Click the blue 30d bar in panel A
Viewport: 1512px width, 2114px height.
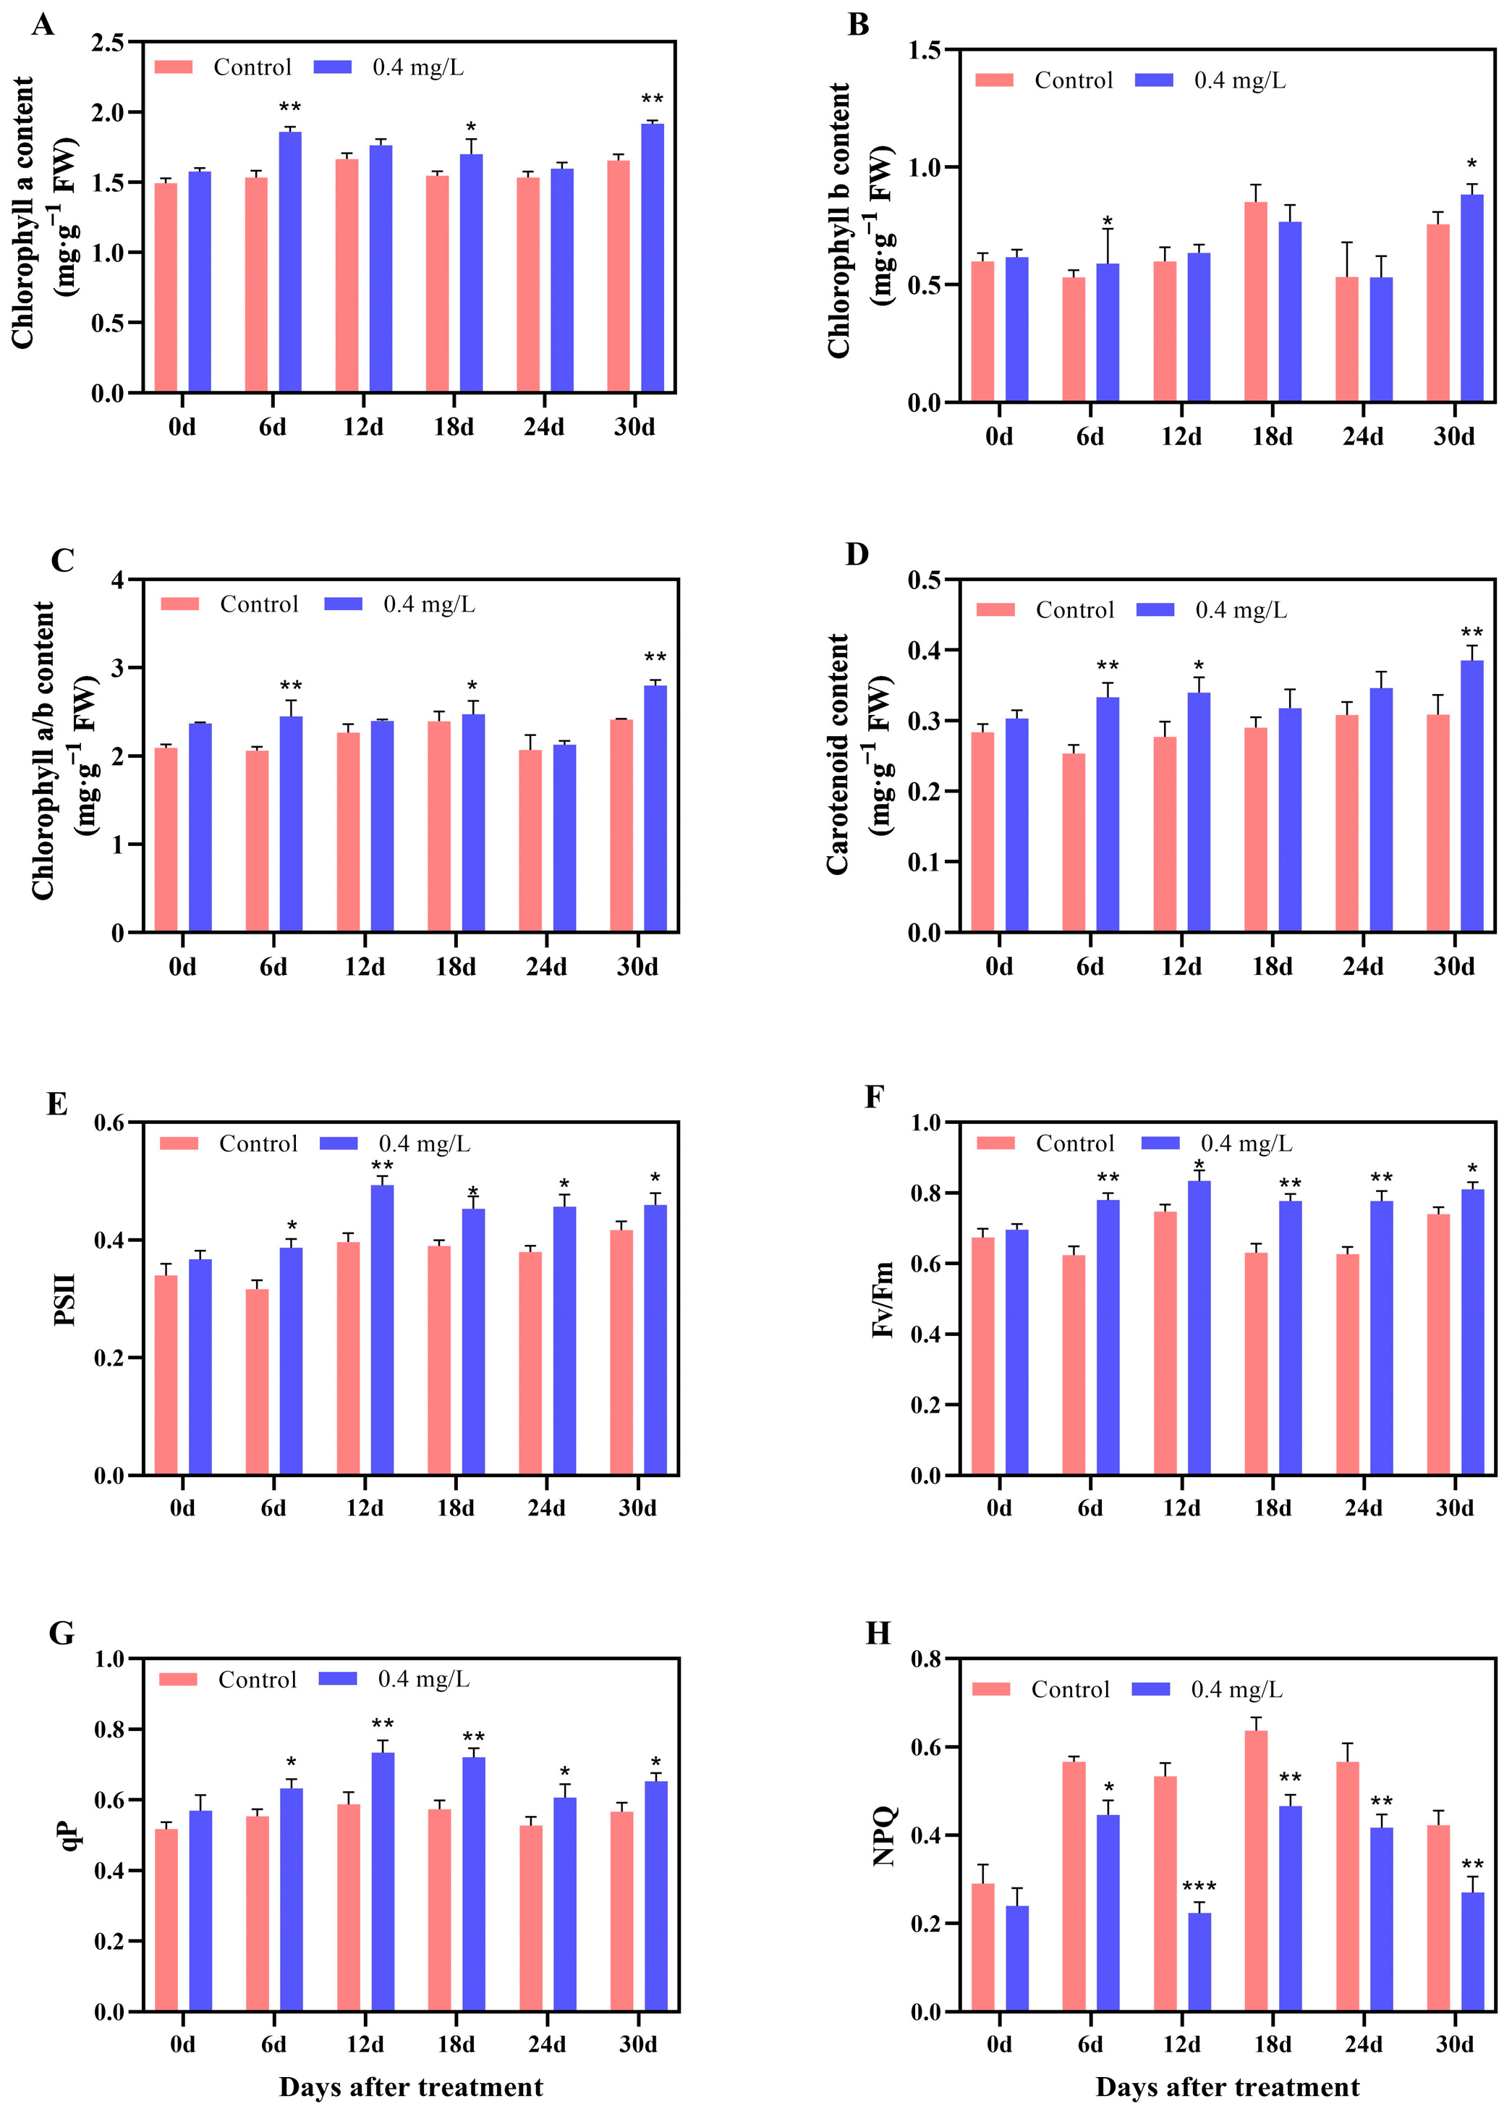(652, 258)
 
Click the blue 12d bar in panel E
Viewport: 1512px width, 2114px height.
(382, 1330)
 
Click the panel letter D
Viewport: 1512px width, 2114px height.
(857, 554)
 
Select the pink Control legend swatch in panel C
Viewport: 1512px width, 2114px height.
(179, 604)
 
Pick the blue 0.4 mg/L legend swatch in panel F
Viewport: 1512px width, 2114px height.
(1160, 1143)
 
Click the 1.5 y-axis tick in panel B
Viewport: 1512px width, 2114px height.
(925, 50)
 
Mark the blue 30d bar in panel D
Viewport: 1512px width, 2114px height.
(1472, 796)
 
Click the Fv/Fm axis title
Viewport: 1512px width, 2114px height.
(883, 1299)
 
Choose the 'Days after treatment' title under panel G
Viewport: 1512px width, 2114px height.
(411, 2086)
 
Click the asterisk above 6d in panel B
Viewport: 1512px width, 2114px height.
(1108, 221)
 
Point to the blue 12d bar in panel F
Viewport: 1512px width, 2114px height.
(1199, 1328)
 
